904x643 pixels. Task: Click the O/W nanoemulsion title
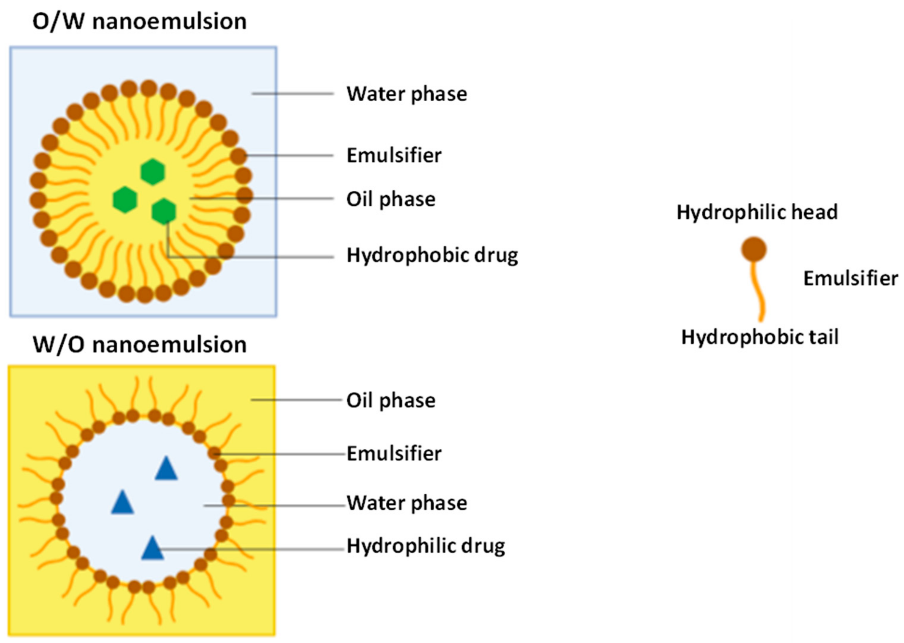pyautogui.click(x=139, y=21)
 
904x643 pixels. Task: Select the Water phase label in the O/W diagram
pyautogui.click(x=407, y=94)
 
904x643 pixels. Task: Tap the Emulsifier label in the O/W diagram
pyautogui.click(x=394, y=155)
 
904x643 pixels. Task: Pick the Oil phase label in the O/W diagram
pyautogui.click(x=391, y=199)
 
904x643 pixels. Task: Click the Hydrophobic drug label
pyautogui.click(x=432, y=255)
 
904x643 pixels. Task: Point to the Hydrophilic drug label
pyautogui.click(x=426, y=546)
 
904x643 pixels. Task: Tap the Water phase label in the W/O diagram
pyautogui.click(x=407, y=503)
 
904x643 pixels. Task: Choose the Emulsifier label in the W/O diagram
pyautogui.click(x=394, y=453)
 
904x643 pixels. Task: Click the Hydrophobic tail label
pyautogui.click(x=759, y=337)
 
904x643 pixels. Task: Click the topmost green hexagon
pyautogui.click(x=153, y=171)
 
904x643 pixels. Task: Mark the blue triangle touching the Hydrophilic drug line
pyautogui.click(x=153, y=549)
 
